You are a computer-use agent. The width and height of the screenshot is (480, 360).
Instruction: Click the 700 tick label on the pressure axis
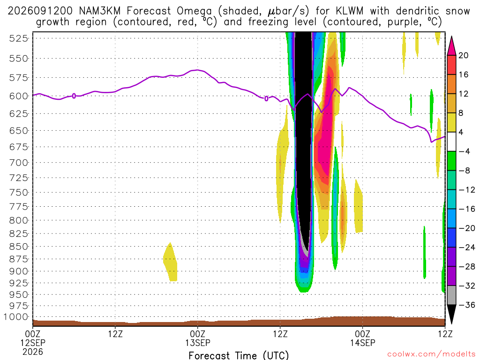pos(19,163)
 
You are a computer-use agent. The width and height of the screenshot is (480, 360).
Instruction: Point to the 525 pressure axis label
pos(19,38)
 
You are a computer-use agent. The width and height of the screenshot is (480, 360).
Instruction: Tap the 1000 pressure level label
pos(16,317)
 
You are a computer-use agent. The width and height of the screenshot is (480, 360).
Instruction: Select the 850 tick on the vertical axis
pos(19,247)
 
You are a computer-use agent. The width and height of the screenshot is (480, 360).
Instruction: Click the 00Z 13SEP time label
pos(198,338)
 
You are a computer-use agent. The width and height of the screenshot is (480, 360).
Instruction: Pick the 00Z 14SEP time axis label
pos(363,338)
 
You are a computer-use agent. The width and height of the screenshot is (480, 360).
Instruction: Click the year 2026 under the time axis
pos(33,352)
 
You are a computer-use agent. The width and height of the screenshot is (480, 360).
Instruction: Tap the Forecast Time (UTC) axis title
pos(239,355)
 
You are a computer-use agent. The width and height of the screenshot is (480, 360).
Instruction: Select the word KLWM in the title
pos(350,11)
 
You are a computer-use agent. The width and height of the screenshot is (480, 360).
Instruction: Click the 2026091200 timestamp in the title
pos(40,11)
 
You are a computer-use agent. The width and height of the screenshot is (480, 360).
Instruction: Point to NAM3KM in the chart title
pos(99,11)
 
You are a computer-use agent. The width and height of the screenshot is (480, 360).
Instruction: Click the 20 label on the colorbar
pos(464,55)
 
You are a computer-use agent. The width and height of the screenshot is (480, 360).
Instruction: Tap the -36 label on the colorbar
pos(467,305)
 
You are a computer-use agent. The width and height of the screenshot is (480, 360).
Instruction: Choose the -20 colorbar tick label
pos(467,228)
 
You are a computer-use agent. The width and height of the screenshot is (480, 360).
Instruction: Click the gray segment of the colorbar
pos(451,295)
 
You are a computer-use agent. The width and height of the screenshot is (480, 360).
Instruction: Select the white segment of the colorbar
pos(451,142)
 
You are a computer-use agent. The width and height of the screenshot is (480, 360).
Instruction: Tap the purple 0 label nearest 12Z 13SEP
pos(266,98)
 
